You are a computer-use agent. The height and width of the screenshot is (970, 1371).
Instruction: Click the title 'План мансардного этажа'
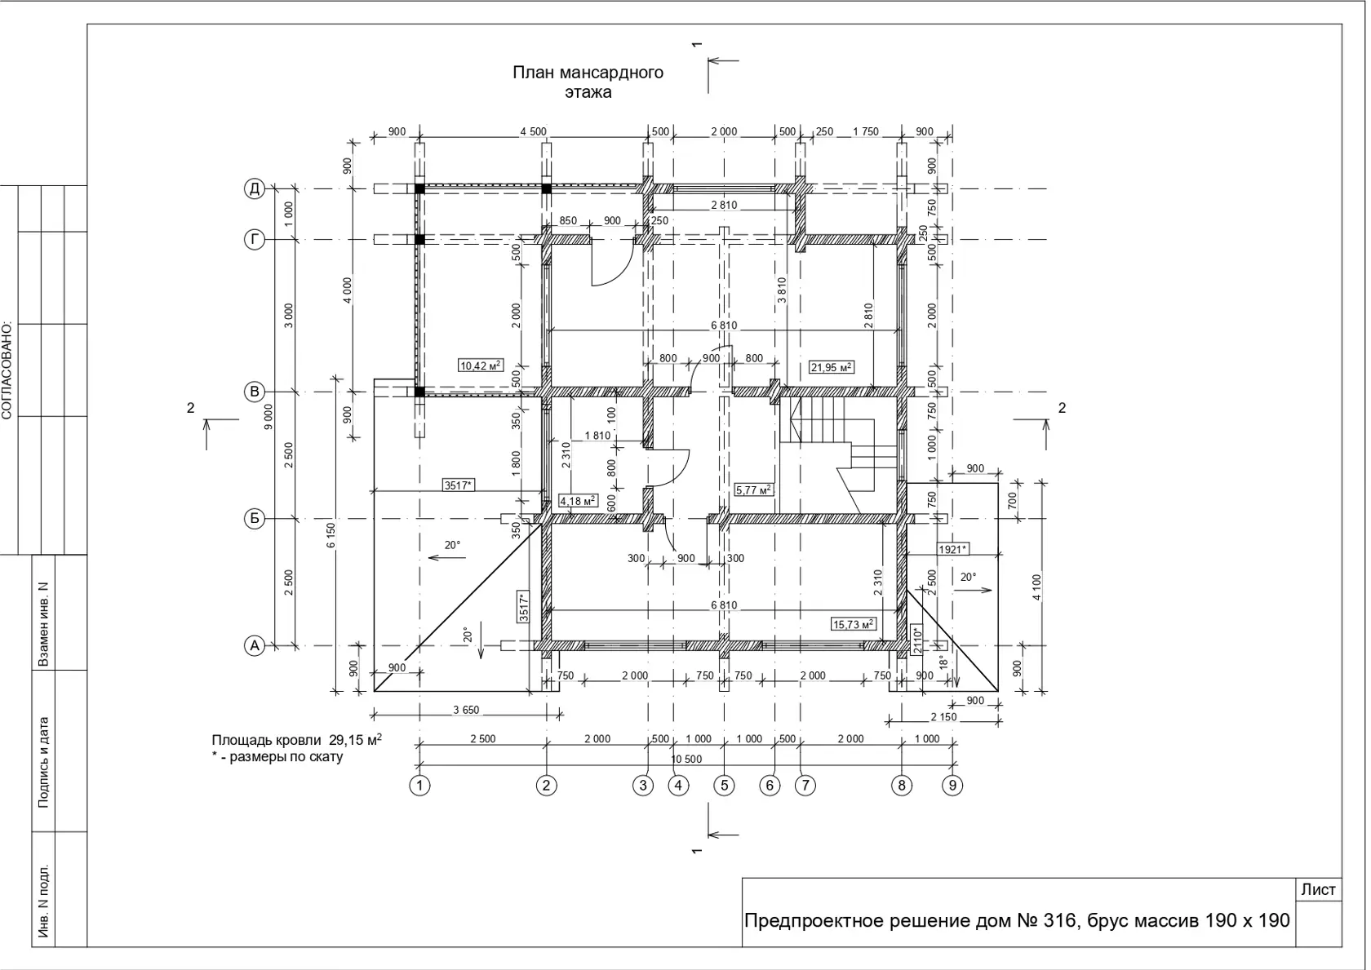pos(588,82)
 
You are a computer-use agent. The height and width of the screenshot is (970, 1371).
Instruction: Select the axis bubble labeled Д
pos(255,188)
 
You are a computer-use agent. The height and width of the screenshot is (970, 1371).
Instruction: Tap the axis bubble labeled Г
pos(255,239)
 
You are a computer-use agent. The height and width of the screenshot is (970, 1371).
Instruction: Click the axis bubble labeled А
pos(255,645)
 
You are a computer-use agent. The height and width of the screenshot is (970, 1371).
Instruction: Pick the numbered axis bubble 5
pos(724,785)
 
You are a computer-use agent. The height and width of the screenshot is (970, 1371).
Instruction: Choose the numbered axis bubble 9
pos(952,785)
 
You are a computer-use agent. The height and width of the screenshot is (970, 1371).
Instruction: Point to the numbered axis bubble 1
pos(419,785)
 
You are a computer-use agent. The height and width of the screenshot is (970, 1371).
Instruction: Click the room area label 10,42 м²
pos(481,366)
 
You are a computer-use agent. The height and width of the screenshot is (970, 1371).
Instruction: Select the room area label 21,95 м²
pos(832,367)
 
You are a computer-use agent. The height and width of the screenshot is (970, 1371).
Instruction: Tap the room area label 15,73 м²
pos(854,624)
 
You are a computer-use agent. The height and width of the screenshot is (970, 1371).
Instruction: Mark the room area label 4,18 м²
pos(578,501)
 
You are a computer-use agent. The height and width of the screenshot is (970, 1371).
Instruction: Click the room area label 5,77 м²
pos(753,489)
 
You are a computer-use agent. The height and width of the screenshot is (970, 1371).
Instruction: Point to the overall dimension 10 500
pos(686,760)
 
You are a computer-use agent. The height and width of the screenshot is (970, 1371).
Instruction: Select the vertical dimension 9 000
pos(268,417)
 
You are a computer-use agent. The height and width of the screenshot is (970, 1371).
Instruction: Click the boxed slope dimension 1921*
pos(953,549)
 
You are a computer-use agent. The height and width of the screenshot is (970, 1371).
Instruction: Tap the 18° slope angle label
pos(943,662)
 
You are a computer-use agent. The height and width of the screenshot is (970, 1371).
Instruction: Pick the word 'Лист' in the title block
pos(1319,889)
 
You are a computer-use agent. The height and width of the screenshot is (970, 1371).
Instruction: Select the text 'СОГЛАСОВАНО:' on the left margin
pos(7,370)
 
